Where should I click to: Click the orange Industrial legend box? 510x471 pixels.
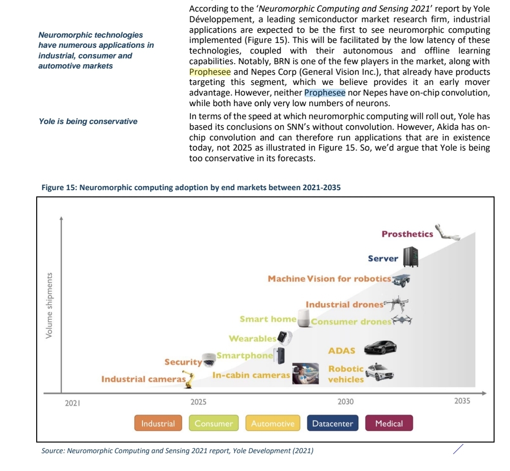coord(158,424)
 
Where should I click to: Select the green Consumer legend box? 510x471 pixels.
coord(213,424)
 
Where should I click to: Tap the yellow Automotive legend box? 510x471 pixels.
coord(272,424)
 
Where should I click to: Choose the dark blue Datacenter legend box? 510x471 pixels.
coord(332,424)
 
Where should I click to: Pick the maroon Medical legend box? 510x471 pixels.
coord(389,424)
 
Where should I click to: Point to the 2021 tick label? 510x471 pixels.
coord(72,402)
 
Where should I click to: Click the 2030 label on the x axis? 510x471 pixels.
coord(345,402)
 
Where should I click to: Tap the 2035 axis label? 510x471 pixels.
coord(462,401)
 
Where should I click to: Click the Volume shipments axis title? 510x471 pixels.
coord(49,305)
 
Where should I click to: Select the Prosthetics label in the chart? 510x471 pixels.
coord(407,234)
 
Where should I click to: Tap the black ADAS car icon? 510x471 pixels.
coord(380,347)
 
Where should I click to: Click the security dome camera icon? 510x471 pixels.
coord(209,359)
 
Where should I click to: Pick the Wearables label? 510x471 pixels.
coord(252,338)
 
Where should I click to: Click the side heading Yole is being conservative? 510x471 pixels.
coord(88,121)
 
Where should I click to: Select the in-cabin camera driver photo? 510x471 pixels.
coord(305,373)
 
